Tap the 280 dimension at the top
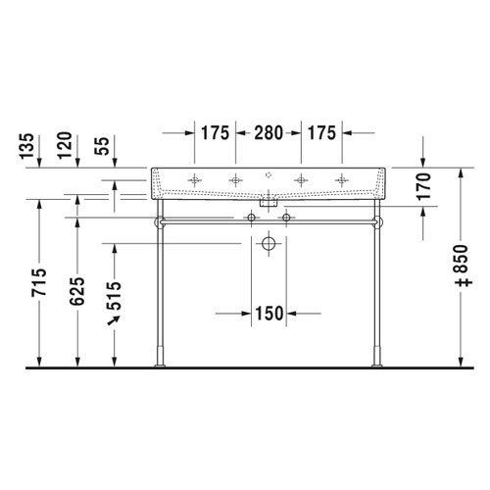tap(269, 131)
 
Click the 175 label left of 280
tap(215, 131)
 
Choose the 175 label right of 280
tap(322, 131)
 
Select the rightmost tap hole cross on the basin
tap(341, 179)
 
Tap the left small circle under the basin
tap(251, 217)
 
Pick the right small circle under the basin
tap(286, 217)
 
